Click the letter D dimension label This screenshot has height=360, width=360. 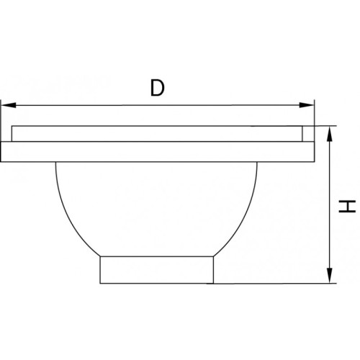coord(158,88)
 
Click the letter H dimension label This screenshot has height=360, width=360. coord(347,207)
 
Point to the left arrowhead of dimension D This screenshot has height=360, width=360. coord(9,105)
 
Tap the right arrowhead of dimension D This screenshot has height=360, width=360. coord(307,105)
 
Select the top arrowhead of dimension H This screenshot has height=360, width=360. coord(330,134)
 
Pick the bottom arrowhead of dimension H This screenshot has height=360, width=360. coord(330,276)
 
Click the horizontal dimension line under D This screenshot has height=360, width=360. coord(158,105)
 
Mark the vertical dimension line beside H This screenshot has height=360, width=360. coord(330,204)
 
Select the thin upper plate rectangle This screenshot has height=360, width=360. coord(157,134)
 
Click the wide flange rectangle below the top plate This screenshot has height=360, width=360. coord(157,152)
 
